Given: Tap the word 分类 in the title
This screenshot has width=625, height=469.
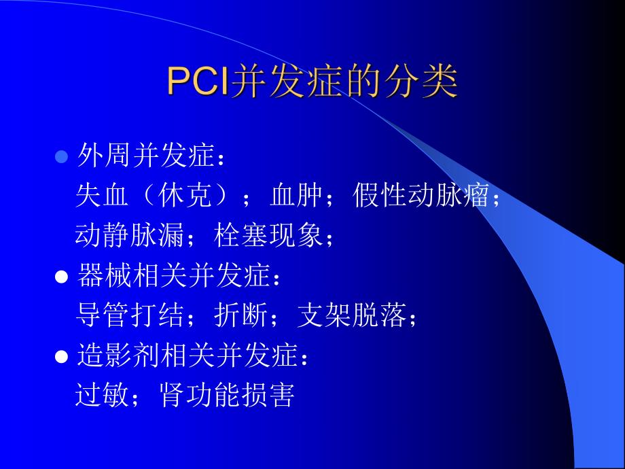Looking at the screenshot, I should pos(430,83).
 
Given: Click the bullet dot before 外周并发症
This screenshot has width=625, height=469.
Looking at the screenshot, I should pos(61,158).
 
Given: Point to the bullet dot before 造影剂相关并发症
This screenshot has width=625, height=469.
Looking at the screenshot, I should pos(61,355).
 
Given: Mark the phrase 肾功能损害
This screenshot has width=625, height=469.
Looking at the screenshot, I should pos(227,395).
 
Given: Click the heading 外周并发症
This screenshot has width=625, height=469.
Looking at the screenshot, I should pos(144,158).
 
